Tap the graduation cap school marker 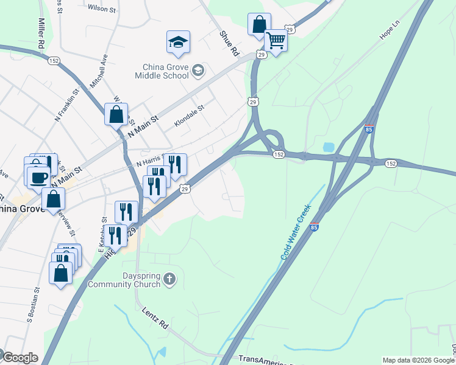click(x=178, y=42)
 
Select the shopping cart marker click(x=276, y=41)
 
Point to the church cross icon click(x=169, y=280)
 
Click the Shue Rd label click(x=228, y=44)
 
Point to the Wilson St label click(x=101, y=9)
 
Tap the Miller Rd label click(x=41, y=33)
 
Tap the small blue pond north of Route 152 click(x=328, y=147)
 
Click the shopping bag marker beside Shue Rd click(x=259, y=25)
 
